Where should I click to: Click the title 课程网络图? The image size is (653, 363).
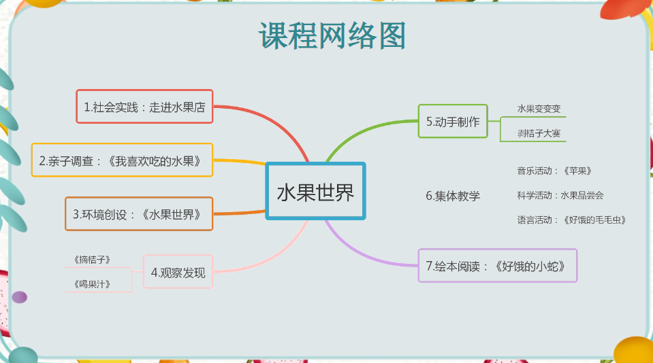(332, 36)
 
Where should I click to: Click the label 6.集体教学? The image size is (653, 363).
(453, 195)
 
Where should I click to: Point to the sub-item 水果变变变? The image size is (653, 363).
(539, 109)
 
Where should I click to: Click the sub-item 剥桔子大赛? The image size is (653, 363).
(539, 133)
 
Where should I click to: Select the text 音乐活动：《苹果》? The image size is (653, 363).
(554, 171)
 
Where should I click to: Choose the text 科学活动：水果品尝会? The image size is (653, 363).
(560, 195)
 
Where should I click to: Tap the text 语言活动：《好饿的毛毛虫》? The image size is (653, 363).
(571, 220)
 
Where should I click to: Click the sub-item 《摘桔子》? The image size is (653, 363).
(92, 260)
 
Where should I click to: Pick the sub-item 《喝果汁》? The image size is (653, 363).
(92, 284)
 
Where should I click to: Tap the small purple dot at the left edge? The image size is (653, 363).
(20, 297)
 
